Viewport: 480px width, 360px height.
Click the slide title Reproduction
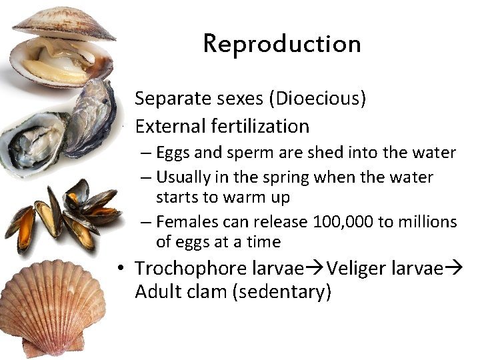281,44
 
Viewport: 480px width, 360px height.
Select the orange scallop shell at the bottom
50,307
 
